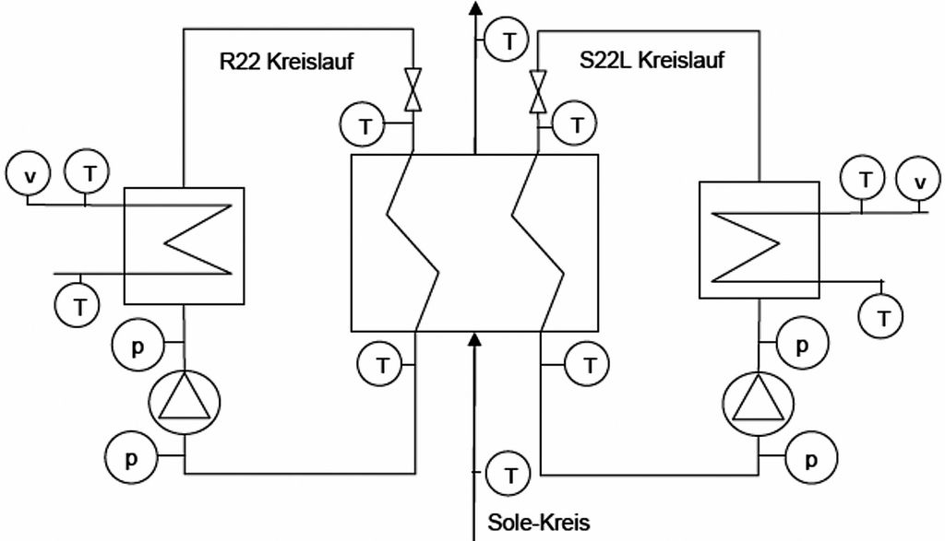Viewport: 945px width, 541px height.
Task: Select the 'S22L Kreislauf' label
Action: (652, 62)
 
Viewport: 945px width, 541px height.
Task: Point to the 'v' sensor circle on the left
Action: (30, 173)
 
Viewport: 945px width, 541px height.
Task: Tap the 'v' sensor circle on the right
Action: (919, 181)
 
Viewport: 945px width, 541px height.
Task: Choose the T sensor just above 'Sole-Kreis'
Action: (508, 476)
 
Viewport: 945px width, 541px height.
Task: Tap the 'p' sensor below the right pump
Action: (811, 458)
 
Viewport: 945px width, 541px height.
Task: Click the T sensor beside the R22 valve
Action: (365, 126)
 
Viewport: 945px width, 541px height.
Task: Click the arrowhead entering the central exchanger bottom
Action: (475, 342)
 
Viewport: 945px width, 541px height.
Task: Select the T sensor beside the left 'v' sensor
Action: (88, 171)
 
